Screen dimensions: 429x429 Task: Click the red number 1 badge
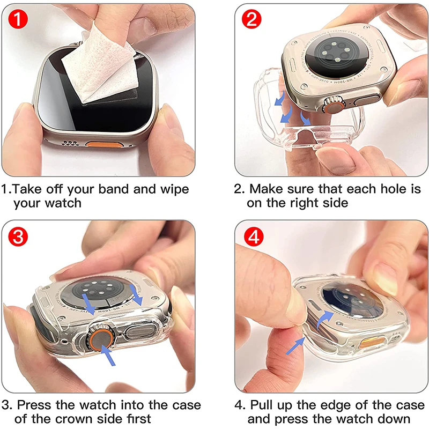pos(19,20)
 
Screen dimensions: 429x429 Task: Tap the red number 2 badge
pos(252,20)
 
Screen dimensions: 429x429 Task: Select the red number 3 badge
pos(19,236)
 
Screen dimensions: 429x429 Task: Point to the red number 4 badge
pos(252,236)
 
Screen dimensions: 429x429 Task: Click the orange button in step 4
pos(372,342)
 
